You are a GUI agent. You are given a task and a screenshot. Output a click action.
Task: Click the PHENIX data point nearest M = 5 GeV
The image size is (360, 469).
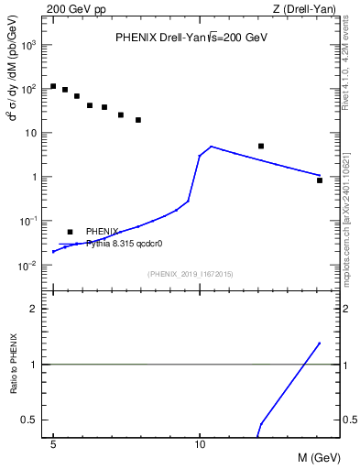(x=53, y=86)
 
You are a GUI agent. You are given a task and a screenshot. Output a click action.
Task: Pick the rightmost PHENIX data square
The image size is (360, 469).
(x=319, y=180)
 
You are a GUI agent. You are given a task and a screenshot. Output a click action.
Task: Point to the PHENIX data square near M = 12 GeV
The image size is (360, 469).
(x=261, y=146)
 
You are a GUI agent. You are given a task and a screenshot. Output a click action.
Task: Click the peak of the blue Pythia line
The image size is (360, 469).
(x=211, y=147)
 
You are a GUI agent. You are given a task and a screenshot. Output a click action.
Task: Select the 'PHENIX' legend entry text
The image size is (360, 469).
(x=102, y=232)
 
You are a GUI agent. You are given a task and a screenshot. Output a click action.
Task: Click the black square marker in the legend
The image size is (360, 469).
(x=70, y=232)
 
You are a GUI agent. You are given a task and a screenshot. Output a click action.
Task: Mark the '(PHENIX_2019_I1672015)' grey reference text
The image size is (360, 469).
(x=191, y=274)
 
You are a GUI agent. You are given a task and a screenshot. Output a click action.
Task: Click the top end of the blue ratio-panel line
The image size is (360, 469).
(x=319, y=343)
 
